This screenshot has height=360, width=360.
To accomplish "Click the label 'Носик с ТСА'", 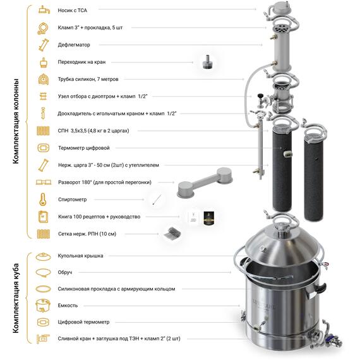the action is pos(73,10).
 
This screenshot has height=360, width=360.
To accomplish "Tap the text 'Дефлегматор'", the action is pos(74,45).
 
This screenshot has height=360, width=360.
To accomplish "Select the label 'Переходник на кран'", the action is pos(81,62).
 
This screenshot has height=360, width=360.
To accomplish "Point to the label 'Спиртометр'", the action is pos(73,200).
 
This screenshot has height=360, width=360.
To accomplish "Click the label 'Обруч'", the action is pos(65,272).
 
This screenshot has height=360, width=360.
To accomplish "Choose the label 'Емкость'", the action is pos(68,305).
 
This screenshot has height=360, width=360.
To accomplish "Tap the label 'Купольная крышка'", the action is pos(80,256).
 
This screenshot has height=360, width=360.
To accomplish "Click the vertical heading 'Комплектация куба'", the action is pos(16,298).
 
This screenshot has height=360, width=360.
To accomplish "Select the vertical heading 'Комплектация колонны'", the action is pos(16,121).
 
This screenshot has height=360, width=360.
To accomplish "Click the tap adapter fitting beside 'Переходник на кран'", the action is pos(207,62).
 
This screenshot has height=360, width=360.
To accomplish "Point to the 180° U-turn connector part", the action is pos(205,182).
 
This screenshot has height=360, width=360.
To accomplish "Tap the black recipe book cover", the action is pos(208,218).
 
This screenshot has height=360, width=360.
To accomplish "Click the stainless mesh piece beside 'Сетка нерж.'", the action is pos(172,233).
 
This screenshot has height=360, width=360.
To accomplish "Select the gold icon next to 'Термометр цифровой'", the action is pos(44,148).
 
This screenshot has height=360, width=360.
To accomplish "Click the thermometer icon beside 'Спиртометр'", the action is pos(43,200).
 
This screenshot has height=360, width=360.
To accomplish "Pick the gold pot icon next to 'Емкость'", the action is pos(43,305).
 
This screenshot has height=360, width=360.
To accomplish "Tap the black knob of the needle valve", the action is pos(260,95).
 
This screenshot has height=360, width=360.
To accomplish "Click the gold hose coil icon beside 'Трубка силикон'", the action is pos(44,80).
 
